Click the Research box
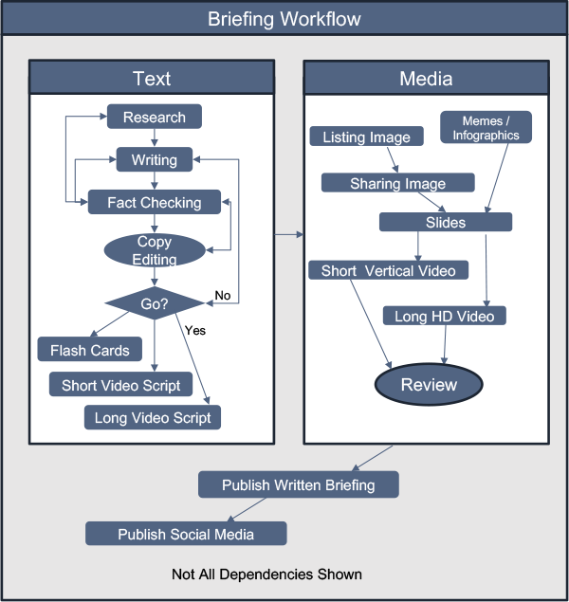tap(155, 118)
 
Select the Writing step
tap(155, 159)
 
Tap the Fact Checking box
tap(155, 202)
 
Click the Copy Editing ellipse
tap(155, 250)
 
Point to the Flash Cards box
tap(90, 350)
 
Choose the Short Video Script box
tap(120, 385)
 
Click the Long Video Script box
tap(153, 418)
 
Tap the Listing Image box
tap(366, 137)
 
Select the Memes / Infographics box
tap(486, 128)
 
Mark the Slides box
tap(446, 222)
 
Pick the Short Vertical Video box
tap(388, 270)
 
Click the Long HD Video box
tap(445, 316)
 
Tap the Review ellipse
tap(429, 385)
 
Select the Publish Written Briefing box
tap(298, 485)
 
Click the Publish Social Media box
tap(186, 534)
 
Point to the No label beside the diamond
tap(223, 296)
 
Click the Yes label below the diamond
tap(195, 331)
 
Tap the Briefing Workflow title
tap(284, 19)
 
